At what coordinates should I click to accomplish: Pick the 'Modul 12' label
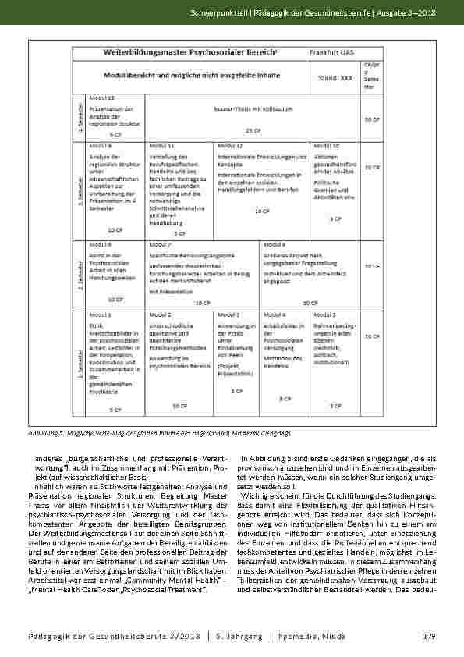point(230,146)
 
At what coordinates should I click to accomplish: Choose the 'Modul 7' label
point(159,244)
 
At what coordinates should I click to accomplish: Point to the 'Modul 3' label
point(229,314)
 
